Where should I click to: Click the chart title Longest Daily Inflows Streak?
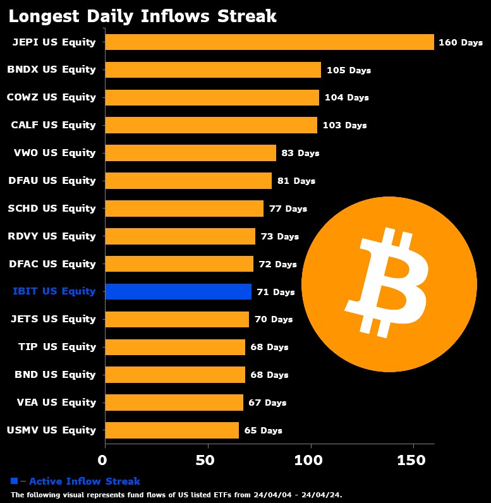(142, 16)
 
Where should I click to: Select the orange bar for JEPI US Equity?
(269, 42)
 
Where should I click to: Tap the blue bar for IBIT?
(178, 291)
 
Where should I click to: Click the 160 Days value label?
(461, 43)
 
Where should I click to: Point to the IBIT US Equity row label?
(54, 291)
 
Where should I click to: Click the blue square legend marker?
(15, 481)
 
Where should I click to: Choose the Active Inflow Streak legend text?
(85, 482)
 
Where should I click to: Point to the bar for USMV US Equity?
(172, 430)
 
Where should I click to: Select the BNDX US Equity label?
(51, 70)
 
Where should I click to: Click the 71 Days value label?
(276, 292)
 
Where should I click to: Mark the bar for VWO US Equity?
(190, 153)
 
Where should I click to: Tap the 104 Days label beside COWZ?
(346, 98)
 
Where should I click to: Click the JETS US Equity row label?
(53, 319)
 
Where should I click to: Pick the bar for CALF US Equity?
(211, 125)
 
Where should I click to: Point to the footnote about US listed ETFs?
(176, 495)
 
